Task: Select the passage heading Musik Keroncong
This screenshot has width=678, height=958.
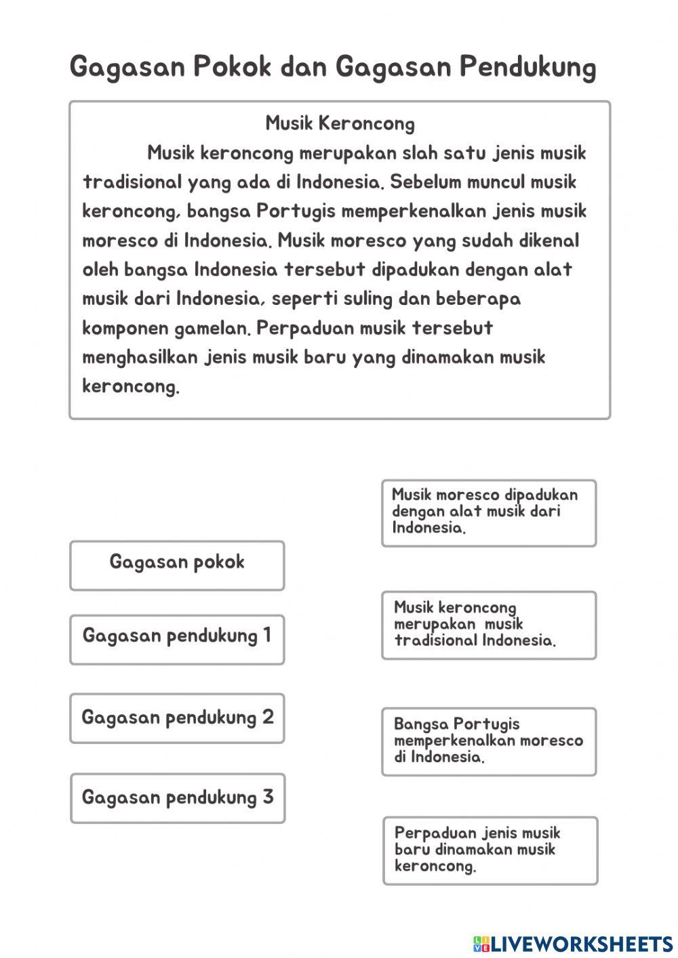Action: point(340,123)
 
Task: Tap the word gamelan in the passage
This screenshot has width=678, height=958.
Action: point(212,329)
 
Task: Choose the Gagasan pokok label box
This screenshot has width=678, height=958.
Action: point(177,565)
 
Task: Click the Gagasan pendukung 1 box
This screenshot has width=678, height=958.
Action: point(177,639)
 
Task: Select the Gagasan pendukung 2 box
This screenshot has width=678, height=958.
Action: point(177,717)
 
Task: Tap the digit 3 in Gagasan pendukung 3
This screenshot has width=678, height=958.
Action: point(268,797)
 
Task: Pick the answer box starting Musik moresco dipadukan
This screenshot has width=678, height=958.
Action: point(488,513)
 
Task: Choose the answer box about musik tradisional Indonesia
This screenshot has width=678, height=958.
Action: point(488,625)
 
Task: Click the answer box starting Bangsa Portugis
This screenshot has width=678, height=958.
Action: point(488,741)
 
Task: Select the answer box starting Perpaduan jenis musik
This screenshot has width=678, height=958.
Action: point(490,850)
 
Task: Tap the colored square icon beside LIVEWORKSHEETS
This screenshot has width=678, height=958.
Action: point(481,943)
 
